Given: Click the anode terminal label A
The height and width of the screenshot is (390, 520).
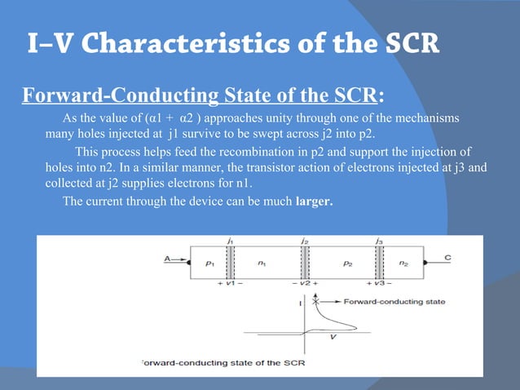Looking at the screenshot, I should point(167,259).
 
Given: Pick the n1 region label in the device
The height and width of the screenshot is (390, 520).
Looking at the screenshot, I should point(262,264).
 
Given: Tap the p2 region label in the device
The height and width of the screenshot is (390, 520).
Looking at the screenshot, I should point(347,264).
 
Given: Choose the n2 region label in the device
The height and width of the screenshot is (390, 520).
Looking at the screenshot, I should point(405,264).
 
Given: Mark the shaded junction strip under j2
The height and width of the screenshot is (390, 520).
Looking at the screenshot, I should point(304,263).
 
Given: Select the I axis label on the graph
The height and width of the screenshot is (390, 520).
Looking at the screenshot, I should point(301,303).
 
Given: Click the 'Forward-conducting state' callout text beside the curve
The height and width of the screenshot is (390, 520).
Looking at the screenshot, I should point(394,302).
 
